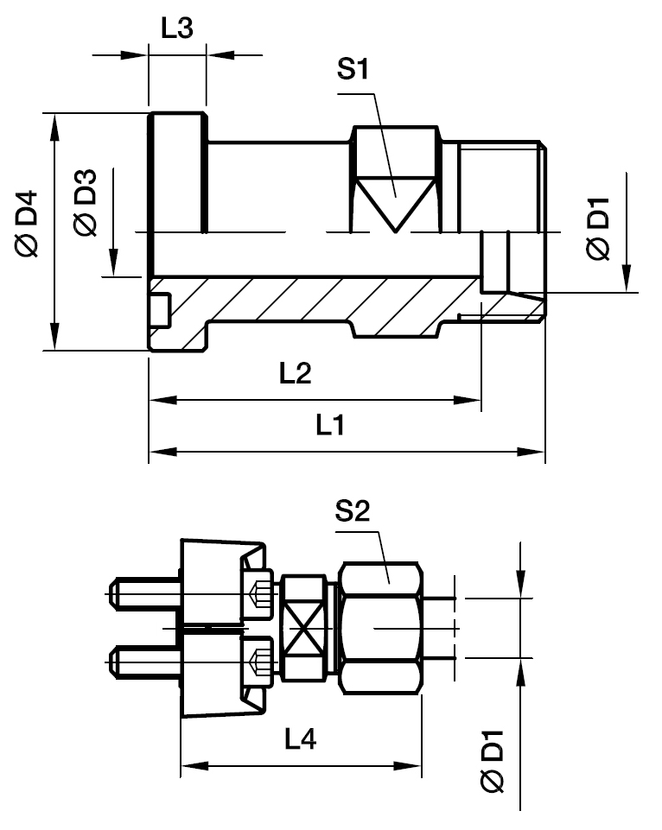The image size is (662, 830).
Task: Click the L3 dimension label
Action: coord(177,28)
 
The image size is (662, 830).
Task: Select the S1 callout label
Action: coord(353,71)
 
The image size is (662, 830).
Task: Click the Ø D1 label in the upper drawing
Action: coord(598,229)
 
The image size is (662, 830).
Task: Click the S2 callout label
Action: coord(353,513)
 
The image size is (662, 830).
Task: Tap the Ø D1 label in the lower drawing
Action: coord(493,760)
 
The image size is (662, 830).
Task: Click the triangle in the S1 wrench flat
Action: coord(394,199)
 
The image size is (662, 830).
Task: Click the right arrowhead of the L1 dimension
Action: coord(535,452)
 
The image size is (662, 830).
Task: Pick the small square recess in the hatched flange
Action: coord(159,308)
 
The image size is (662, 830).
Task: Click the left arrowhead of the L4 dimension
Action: coord(188,765)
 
